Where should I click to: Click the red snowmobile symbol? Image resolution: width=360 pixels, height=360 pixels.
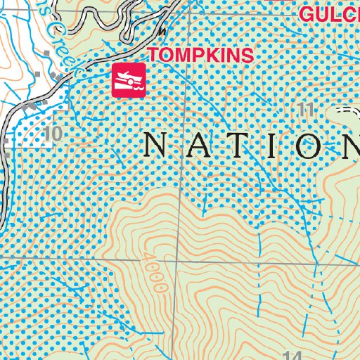click(128, 80)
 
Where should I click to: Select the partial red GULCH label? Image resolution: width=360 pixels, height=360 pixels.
click(329, 13)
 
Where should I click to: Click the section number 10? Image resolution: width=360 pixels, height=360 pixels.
click(52, 133)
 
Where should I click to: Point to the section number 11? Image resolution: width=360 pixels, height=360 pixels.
click(304, 109)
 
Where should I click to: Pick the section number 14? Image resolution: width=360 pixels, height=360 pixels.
click(294, 354)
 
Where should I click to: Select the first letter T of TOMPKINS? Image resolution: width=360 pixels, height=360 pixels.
click(153, 55)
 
